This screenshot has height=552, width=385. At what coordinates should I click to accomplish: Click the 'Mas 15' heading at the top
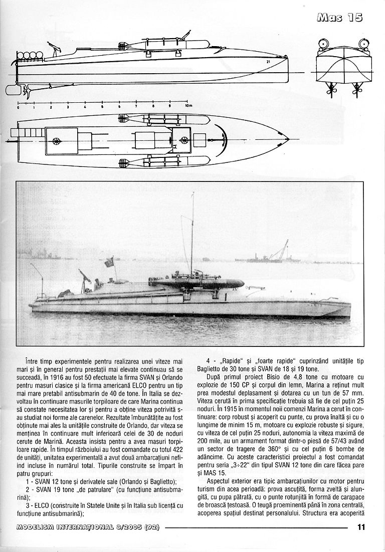click(x=340, y=18)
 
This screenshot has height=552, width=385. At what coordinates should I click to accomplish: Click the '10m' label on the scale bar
click(x=188, y=106)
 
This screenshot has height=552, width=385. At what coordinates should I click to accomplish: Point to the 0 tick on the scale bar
click(x=18, y=106)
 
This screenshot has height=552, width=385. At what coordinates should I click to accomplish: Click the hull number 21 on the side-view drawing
click(x=268, y=62)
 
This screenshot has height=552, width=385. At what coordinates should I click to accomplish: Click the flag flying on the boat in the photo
click(x=108, y=263)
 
